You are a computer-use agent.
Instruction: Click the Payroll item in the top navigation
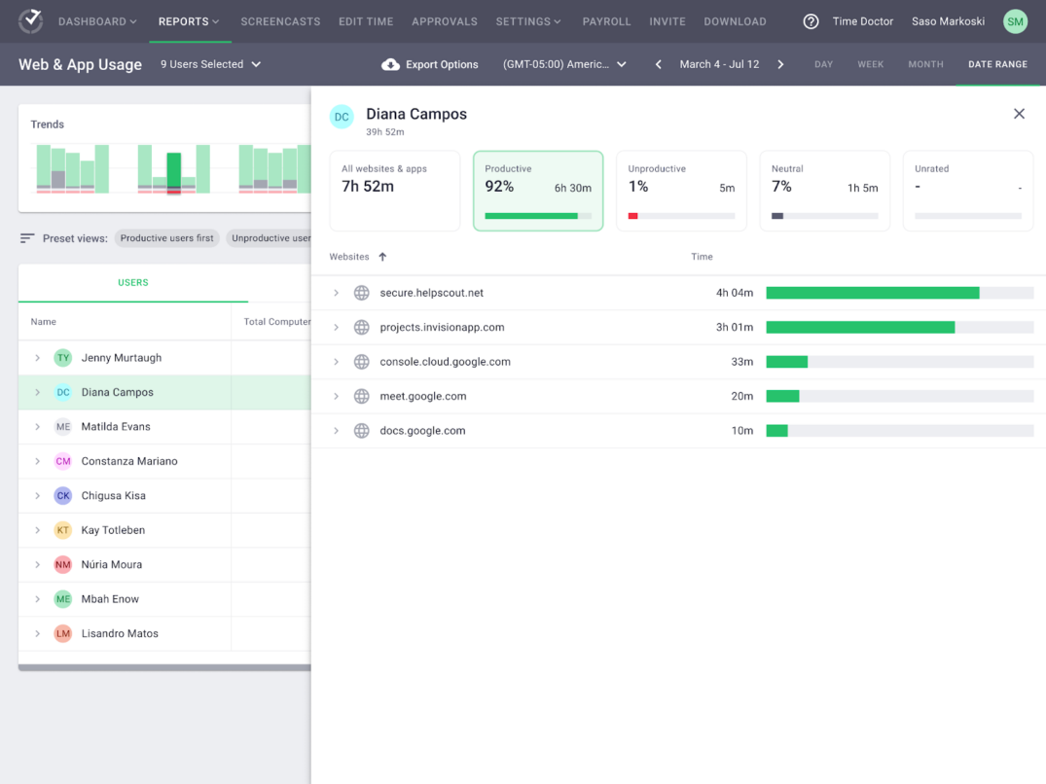tap(606, 21)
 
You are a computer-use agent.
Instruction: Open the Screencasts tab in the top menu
tap(280, 21)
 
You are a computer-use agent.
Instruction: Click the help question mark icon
tap(811, 21)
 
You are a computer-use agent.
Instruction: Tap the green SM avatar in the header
tap(1015, 21)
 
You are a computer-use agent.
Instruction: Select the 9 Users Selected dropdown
tap(210, 64)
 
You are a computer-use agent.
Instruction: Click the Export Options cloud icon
tap(390, 64)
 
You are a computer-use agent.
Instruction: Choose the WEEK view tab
tap(870, 64)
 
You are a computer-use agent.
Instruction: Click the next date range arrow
tap(780, 64)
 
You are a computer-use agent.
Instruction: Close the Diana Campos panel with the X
tap(1019, 114)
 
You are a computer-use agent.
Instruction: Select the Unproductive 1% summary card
tap(681, 191)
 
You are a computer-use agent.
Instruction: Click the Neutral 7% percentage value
tap(781, 187)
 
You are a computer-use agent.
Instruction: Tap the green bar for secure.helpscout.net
tap(872, 293)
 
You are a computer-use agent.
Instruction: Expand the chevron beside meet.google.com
tap(336, 396)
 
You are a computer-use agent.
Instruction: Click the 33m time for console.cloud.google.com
tap(741, 362)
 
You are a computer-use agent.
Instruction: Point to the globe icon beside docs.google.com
tap(361, 431)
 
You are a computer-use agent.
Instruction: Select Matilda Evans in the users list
tap(116, 427)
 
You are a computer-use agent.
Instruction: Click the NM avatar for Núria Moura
tap(63, 565)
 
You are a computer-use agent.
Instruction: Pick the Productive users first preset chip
tap(166, 238)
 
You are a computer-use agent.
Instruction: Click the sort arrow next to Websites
tap(382, 257)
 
